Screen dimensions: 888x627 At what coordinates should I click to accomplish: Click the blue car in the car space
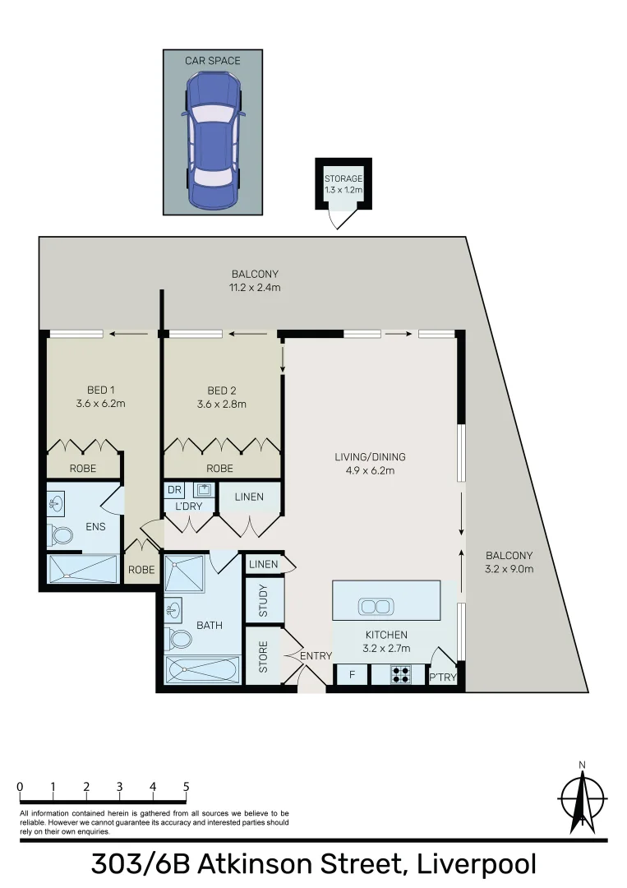click(x=213, y=140)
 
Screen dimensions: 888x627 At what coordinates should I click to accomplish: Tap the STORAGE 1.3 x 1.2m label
click(x=343, y=184)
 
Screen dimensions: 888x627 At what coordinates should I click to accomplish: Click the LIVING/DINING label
click(x=370, y=464)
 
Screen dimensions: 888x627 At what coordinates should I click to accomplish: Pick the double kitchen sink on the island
click(x=375, y=607)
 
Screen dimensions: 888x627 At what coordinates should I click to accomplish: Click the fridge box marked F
click(x=352, y=675)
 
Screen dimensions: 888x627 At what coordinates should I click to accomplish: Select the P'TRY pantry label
click(x=442, y=678)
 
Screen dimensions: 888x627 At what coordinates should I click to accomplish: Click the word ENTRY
click(x=316, y=655)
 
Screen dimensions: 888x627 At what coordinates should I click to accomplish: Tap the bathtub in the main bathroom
click(x=201, y=670)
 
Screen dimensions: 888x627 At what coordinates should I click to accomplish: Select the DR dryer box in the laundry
click(x=174, y=490)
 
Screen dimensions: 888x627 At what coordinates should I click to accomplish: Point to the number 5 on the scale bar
click(x=187, y=787)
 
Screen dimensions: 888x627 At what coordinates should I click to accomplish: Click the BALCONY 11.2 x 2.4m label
click(x=255, y=280)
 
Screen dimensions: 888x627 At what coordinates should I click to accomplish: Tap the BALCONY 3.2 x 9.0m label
click(x=509, y=562)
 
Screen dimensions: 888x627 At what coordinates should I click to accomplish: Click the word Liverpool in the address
click(x=477, y=865)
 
